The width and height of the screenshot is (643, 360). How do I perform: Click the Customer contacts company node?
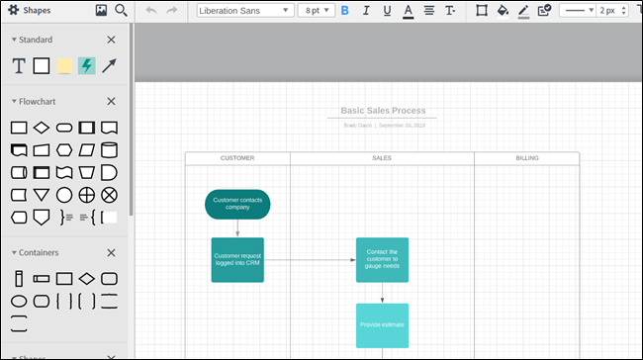237,205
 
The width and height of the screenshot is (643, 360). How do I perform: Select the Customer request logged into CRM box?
237,260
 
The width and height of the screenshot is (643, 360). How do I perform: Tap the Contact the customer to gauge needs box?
382,260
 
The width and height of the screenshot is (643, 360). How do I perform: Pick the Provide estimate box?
382,324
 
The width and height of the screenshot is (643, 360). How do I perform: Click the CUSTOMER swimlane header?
237,158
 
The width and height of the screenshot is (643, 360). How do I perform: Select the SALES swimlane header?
382,158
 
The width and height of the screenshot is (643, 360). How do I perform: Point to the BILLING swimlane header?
527,158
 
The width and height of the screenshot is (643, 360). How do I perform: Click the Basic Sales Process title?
383,111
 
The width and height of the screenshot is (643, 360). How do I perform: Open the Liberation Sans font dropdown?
245,11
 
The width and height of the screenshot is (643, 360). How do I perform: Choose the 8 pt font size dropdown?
317,11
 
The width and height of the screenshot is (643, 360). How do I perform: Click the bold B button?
345,11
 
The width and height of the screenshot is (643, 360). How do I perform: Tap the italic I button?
366,11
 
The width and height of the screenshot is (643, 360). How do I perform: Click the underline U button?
387,11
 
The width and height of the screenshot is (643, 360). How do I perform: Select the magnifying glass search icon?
121,11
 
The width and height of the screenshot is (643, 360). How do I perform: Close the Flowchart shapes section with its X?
111,101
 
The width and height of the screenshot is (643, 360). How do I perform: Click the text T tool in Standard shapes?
19,66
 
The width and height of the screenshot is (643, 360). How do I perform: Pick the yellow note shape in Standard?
64,66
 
